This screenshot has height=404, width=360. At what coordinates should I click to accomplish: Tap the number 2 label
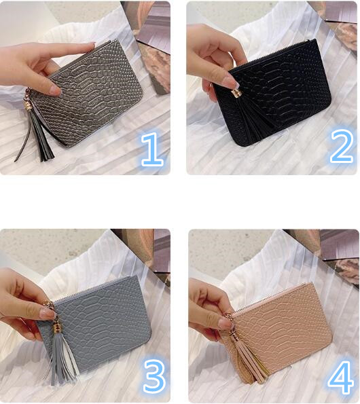[x=342, y=147]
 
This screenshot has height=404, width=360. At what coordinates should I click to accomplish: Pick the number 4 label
[x=340, y=375]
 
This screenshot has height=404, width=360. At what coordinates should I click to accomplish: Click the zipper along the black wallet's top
[x=272, y=54]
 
